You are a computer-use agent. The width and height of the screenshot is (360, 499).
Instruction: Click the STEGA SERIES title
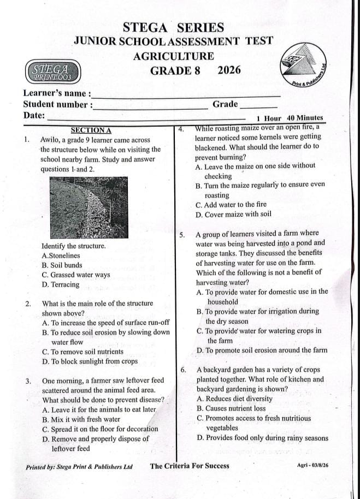point(174,27)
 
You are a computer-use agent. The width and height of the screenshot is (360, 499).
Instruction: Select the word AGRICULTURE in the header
point(173,56)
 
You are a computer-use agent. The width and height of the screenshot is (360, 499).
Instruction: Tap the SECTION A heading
point(91,130)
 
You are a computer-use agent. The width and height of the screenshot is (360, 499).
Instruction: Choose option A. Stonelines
point(61,255)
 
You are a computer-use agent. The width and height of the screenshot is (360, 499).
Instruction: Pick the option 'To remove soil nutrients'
point(82,352)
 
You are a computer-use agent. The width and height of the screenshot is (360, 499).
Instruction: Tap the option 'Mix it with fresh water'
point(81,419)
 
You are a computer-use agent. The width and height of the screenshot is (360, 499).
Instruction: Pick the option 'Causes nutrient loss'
point(231,408)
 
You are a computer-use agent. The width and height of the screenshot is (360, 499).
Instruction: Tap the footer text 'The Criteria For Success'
point(190,466)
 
